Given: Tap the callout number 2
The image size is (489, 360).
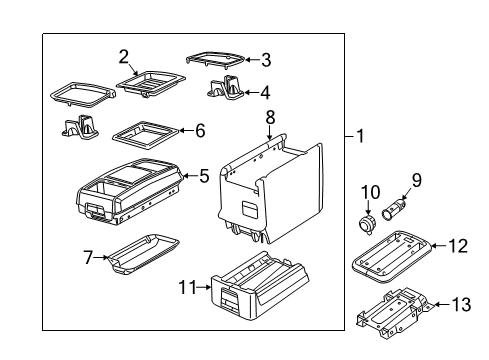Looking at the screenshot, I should [x=124, y=56].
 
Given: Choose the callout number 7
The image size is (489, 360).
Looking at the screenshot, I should [x=87, y=258].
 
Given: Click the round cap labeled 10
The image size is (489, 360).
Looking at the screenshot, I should [x=368, y=220].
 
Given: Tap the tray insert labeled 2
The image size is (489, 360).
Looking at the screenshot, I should [x=151, y=80].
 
